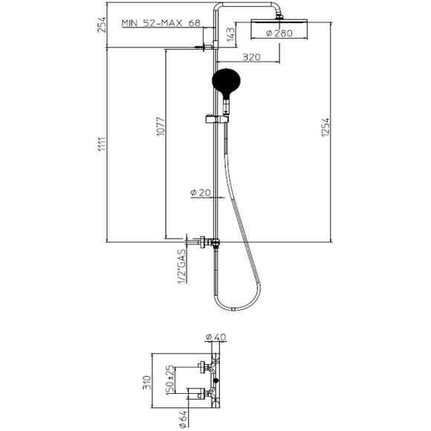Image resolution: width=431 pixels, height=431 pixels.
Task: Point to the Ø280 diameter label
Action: [x=270, y=33]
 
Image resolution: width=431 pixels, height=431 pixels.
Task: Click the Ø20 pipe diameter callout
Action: [x=201, y=192]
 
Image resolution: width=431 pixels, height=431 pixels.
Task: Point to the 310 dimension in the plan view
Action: [x=146, y=382]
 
